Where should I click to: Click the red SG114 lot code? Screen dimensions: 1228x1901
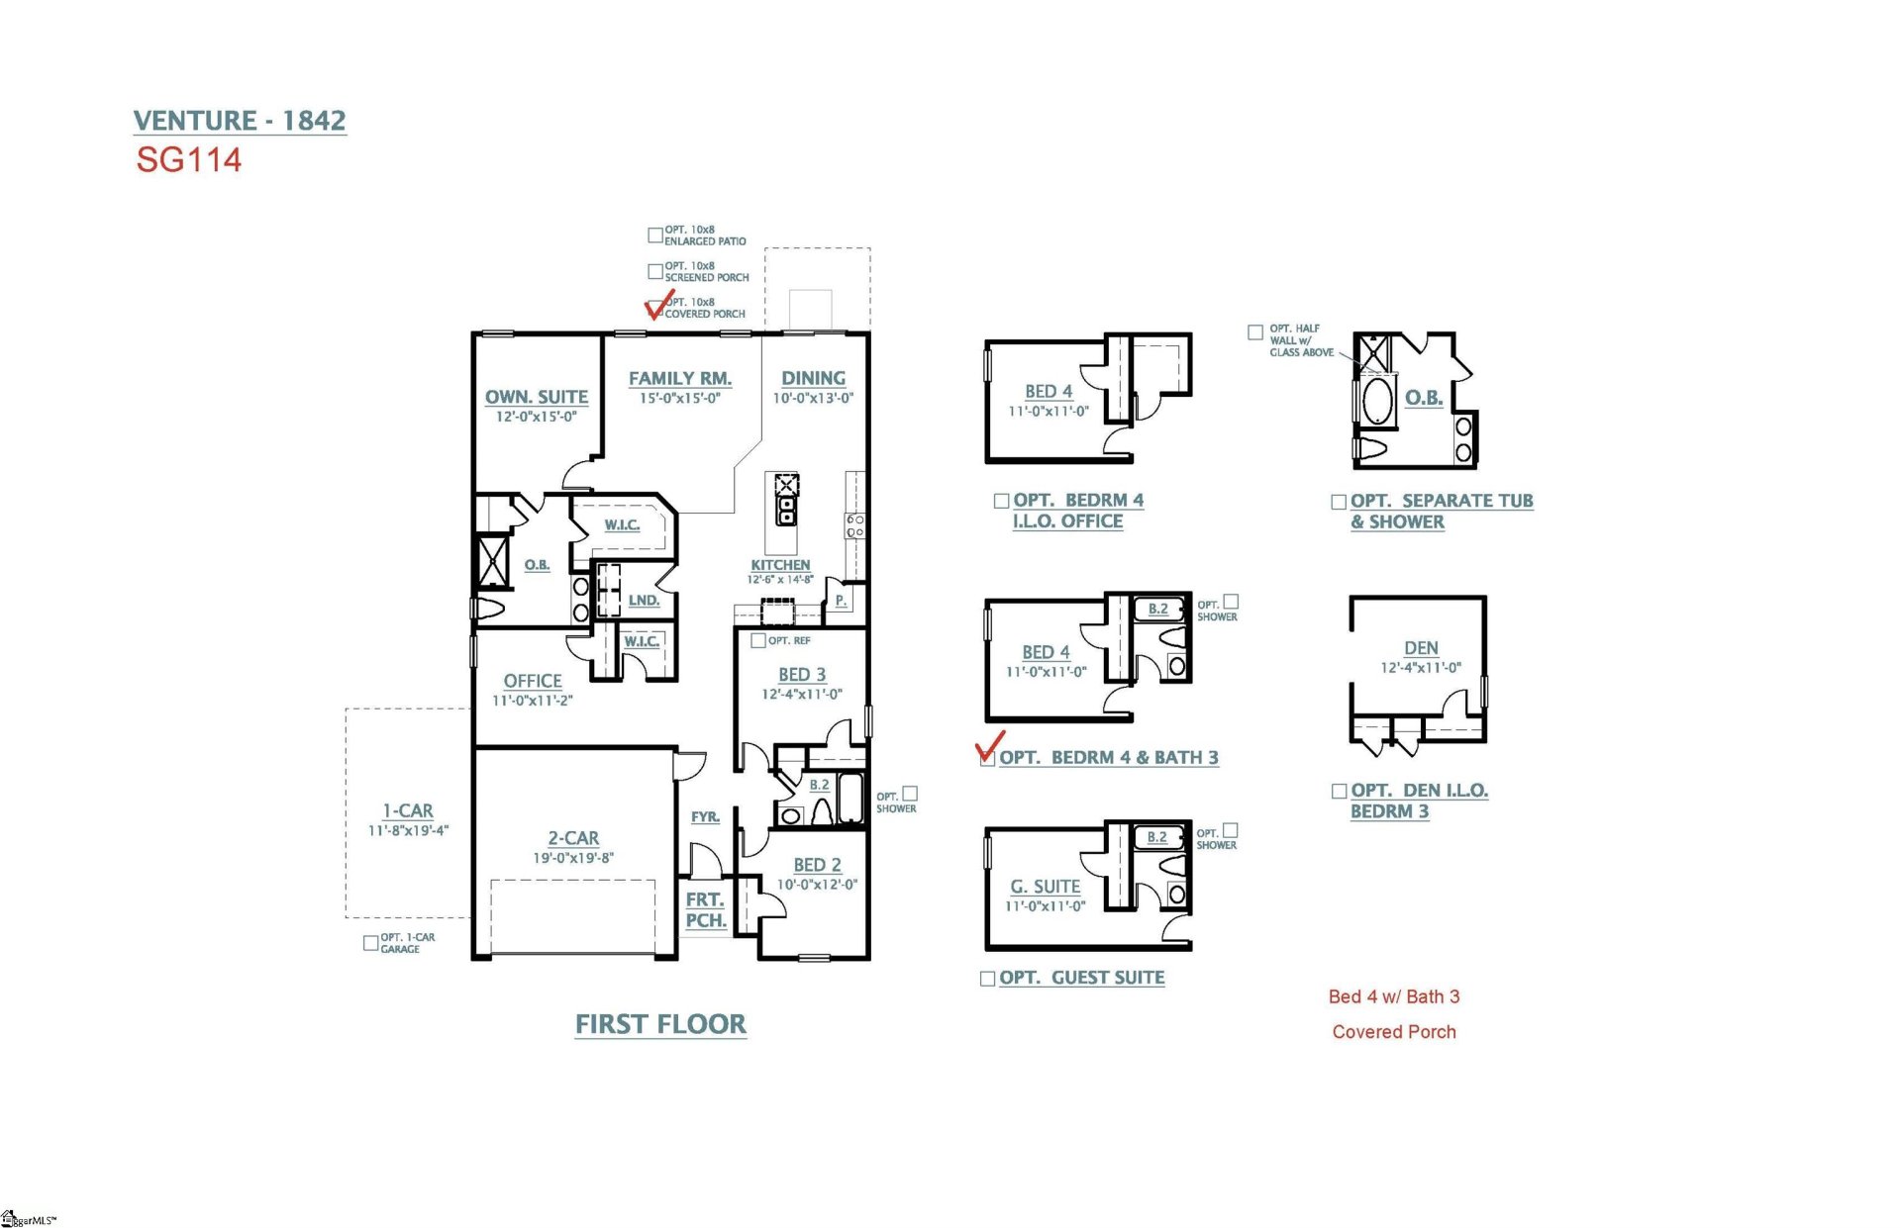188,160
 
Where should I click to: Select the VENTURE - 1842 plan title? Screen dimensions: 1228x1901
240,121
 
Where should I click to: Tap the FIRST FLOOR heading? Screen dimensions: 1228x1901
660,1024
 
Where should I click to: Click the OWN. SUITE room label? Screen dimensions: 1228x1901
536,397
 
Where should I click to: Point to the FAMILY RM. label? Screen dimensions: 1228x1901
679,378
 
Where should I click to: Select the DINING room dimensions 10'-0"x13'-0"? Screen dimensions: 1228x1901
813,399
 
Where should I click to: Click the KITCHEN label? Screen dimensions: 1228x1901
779,565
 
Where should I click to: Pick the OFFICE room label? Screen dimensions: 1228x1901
532,681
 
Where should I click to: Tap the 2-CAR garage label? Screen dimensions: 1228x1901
573,838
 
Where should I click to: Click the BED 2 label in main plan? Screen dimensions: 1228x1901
817,865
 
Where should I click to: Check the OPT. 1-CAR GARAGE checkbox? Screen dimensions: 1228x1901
370,943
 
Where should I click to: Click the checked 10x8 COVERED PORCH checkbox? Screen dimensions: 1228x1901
655,308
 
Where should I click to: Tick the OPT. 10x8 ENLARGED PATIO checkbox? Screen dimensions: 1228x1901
654,236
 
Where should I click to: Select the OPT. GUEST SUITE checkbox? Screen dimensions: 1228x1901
987,979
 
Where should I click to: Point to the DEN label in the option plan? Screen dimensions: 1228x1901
1421,648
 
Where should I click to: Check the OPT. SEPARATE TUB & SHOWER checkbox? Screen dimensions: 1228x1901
1339,503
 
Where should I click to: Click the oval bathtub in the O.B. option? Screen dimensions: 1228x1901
1377,402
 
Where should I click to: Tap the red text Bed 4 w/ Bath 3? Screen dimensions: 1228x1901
1393,996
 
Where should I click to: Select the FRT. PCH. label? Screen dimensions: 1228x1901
706,910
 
